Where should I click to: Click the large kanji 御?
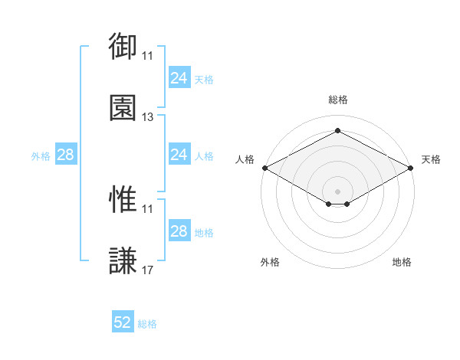coord(123,46)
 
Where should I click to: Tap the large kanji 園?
coord(123,107)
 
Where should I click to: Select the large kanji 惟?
coord(123,199)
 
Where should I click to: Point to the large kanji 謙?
coord(123,260)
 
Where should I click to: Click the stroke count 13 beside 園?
coord(147,117)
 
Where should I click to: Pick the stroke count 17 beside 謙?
coord(147,270)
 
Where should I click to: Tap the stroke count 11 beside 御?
coord(147,56)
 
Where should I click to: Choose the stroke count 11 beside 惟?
coord(147,209)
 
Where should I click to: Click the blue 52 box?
coord(123,321)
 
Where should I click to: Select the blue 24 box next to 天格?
coord(179,77)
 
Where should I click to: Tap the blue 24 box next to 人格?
coord(179,154)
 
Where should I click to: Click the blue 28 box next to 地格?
coord(179,230)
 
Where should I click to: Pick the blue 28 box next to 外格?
coord(66,154)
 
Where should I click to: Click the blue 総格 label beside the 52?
coord(147,324)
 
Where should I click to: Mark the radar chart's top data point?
coord(337,130)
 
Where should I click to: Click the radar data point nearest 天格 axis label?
coord(410,168)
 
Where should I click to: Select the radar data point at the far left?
coord(265,168)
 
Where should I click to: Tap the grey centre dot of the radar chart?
coord(337,191)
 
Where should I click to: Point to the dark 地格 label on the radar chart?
coord(402,262)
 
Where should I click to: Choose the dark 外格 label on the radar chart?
coord(270,262)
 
